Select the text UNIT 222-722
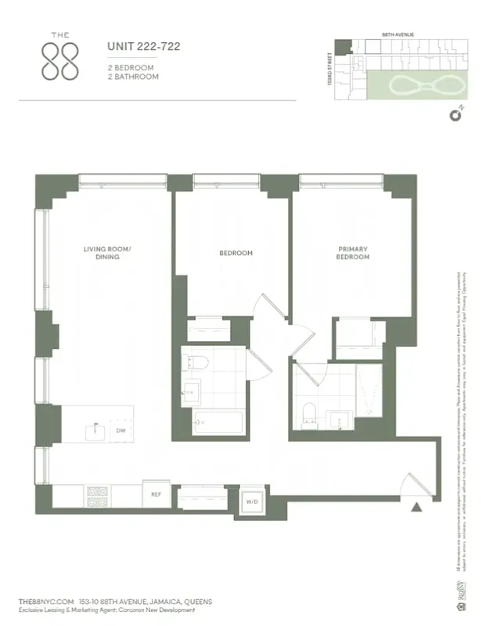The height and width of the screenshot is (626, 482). pos(144,47)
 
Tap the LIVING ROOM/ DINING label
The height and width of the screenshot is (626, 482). pos(108,254)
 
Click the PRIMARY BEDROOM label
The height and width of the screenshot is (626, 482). pos(352,254)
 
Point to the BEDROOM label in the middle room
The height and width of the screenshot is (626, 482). pos(236,253)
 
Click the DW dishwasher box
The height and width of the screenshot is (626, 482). pos(121,430)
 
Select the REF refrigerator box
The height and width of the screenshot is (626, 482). pos(156,495)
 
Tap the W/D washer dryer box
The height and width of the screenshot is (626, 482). pos(251,501)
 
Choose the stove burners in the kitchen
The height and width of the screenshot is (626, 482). pos(99,495)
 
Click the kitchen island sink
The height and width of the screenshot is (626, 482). pos(95,429)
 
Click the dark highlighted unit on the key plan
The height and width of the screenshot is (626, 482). pos(342,46)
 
